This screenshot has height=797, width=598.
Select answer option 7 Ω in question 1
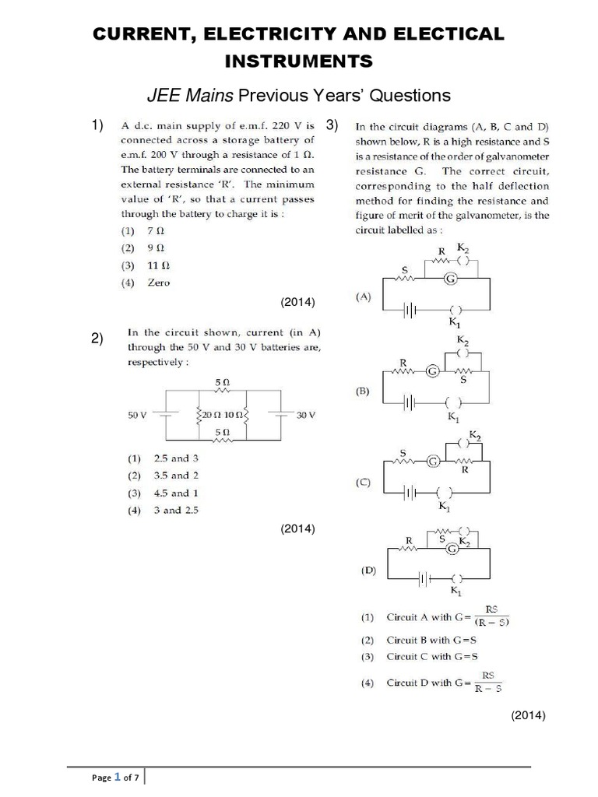(155, 231)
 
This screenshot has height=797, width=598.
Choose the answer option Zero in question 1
(158, 283)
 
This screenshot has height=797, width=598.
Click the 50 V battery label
(138, 416)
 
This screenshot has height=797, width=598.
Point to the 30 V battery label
(306, 416)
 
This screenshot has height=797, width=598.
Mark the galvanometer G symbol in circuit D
(451, 549)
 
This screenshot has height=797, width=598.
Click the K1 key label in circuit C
(445, 507)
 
